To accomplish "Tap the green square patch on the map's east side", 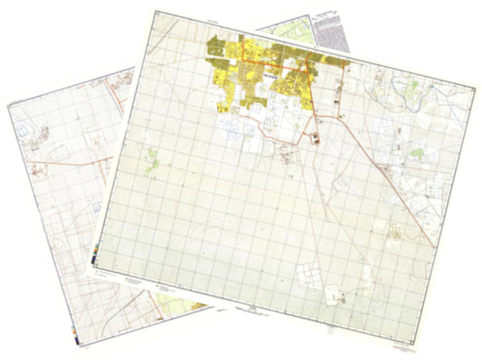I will click(415, 155).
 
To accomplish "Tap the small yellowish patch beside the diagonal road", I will click(396, 231).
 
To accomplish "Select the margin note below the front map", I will click(249, 308).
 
